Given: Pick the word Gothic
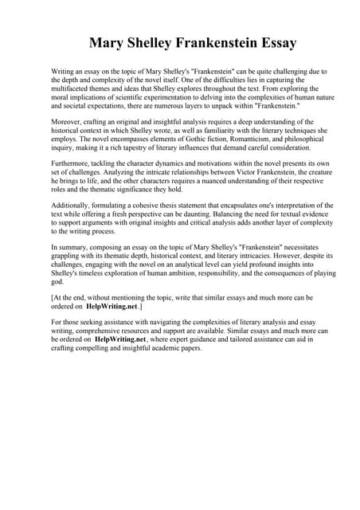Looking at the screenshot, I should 225,139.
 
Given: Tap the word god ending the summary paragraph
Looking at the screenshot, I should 57,282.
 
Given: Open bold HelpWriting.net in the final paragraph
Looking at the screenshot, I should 120,339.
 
